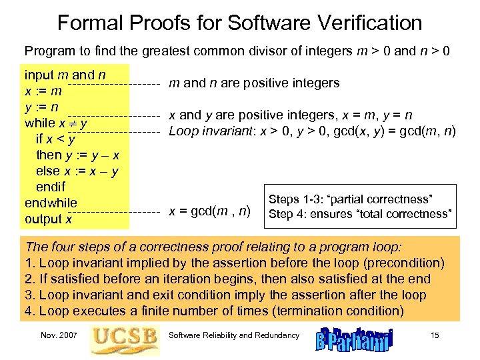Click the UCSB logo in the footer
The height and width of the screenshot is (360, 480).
tap(125, 337)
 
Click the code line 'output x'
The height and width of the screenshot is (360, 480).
tap(48, 219)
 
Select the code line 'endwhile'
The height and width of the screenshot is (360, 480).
tap(51, 203)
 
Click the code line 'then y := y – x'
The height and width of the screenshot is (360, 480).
tap(78, 155)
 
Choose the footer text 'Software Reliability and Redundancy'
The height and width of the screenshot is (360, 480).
tap(235, 335)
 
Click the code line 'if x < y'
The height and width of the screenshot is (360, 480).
tap(55, 139)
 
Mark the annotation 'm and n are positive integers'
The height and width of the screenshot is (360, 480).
tap(254, 83)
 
